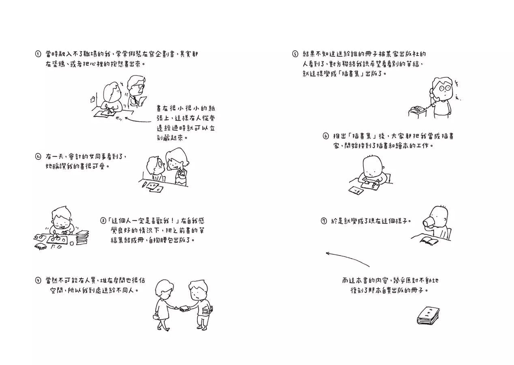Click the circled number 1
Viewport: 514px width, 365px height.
coord(38,54)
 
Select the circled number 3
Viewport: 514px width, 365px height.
coord(103,221)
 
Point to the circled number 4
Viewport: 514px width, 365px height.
coord(38,280)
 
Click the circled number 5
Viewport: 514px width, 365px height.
coord(295,54)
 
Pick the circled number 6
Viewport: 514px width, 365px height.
coord(326,136)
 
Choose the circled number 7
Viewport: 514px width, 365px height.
coord(323,221)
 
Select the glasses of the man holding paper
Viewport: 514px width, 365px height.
coord(137,86)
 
